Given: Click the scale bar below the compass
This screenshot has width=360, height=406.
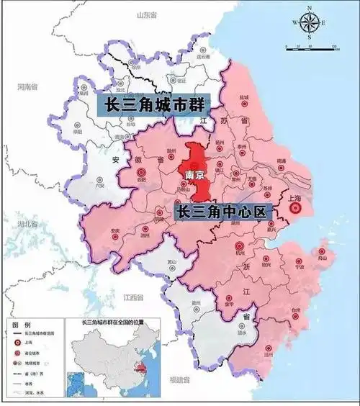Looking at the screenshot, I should point(312,48).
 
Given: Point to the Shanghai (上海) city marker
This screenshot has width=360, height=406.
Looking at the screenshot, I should point(294,209).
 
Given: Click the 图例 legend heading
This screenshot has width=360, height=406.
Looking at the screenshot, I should point(21,325).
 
